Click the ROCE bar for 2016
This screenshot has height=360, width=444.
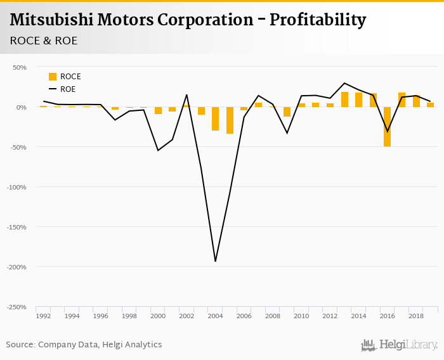tap(388, 127)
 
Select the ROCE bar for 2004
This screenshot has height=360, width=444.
tap(216, 119)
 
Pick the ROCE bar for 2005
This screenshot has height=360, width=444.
tap(230, 120)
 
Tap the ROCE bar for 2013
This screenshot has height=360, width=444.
tap(344, 100)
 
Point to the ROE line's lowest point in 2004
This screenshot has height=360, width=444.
tap(216, 261)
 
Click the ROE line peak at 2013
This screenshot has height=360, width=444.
tap(344, 83)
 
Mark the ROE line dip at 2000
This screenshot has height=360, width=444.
tap(158, 150)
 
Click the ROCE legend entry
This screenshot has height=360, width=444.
tap(65, 77)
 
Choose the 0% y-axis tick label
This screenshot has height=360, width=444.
tap(22, 107)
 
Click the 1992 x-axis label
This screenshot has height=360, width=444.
tap(43, 316)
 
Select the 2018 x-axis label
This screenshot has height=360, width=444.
tap(416, 316)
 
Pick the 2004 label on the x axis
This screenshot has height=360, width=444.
tap(215, 316)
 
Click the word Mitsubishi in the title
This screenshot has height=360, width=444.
tap(51, 20)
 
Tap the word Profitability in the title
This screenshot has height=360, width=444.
tap(318, 20)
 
